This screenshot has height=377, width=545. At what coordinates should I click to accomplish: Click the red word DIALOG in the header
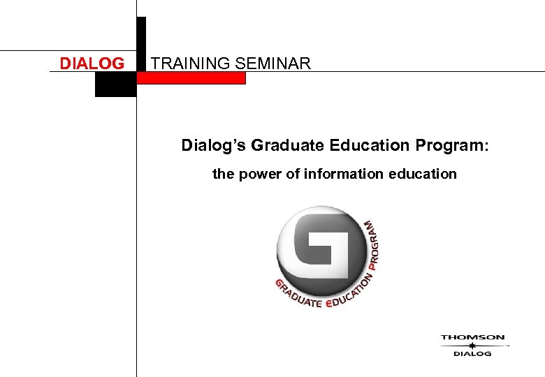pos(92,64)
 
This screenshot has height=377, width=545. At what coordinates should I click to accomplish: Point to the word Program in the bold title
pos(449,146)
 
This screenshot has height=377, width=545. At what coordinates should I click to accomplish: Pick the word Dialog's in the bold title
pos(214,146)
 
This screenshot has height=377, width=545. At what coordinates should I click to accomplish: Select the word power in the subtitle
pos(261,174)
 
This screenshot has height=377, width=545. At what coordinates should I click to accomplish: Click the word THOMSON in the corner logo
pos(472,337)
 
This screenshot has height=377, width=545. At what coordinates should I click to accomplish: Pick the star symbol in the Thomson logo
pos(472,345)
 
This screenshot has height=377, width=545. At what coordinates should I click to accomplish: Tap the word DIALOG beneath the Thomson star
pos(472,353)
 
